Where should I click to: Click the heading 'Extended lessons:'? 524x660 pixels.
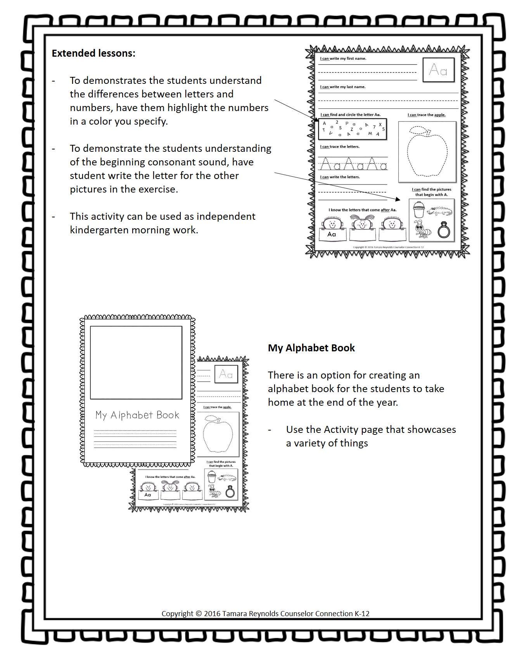pyautogui.click(x=93, y=53)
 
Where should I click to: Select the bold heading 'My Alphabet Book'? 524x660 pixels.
pyautogui.click(x=311, y=348)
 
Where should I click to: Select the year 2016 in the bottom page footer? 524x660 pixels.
pyautogui.click(x=212, y=614)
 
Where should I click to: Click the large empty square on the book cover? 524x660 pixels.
pyautogui.click(x=136, y=362)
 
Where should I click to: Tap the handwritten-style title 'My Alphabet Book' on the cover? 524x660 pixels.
pyautogui.click(x=137, y=415)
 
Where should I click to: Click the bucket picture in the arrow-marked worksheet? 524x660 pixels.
pyautogui.click(x=418, y=210)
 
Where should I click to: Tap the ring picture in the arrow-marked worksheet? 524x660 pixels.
pyautogui.click(x=444, y=230)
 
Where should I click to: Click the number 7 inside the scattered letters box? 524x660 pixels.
pyautogui.click(x=374, y=127)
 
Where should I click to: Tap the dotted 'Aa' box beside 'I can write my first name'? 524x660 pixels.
pyautogui.click(x=438, y=70)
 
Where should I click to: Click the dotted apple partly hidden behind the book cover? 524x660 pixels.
pyautogui.click(x=218, y=434)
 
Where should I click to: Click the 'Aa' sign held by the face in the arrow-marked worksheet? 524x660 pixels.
pyautogui.click(x=332, y=234)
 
